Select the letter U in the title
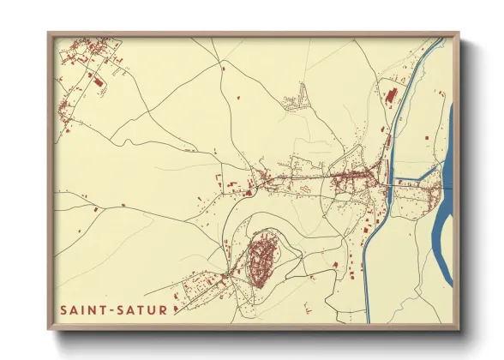(151, 309)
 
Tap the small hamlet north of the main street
(300, 101)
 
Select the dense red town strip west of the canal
(351, 179)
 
